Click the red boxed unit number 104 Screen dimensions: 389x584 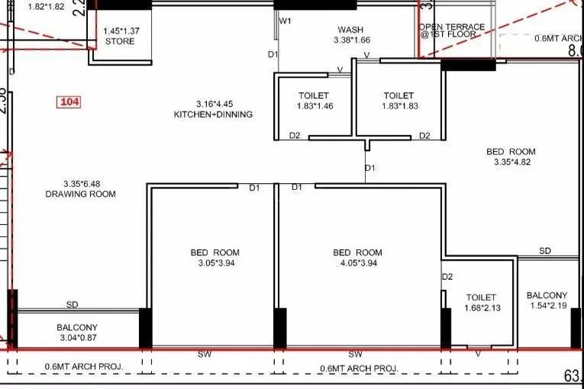click(69, 101)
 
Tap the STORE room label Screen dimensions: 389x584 click(119, 41)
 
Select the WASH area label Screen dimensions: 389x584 click(352, 30)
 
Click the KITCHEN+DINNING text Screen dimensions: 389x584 click(213, 114)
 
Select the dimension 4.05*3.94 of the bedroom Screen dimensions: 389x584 click(357, 263)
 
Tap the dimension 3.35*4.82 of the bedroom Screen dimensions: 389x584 click(511, 162)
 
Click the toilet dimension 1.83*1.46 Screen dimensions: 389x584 click(314, 106)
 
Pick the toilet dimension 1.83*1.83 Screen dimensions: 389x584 click(398, 106)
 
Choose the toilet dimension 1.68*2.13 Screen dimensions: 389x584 click(481, 308)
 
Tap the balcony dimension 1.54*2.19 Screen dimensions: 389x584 click(547, 306)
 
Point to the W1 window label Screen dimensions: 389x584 click(285, 21)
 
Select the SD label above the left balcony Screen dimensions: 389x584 click(72, 304)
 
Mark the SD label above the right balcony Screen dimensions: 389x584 click(545, 251)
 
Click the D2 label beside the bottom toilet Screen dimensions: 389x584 click(447, 277)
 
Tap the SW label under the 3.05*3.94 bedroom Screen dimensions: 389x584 click(205, 355)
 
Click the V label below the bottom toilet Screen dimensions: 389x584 click(478, 355)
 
